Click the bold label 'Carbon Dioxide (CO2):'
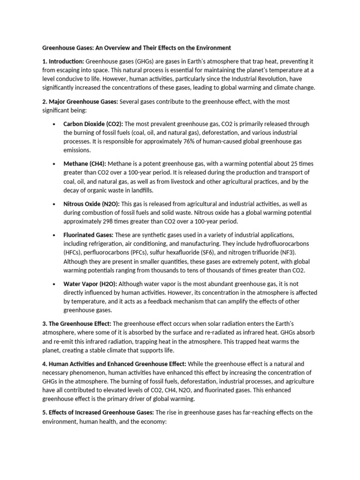[93, 124]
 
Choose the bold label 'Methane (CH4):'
[85, 164]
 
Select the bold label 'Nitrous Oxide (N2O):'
[91, 204]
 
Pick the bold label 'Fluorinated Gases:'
[89, 235]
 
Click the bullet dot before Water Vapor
[54, 284]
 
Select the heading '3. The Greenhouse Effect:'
[77, 324]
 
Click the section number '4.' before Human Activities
[45, 364]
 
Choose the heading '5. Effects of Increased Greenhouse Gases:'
[98, 412]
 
